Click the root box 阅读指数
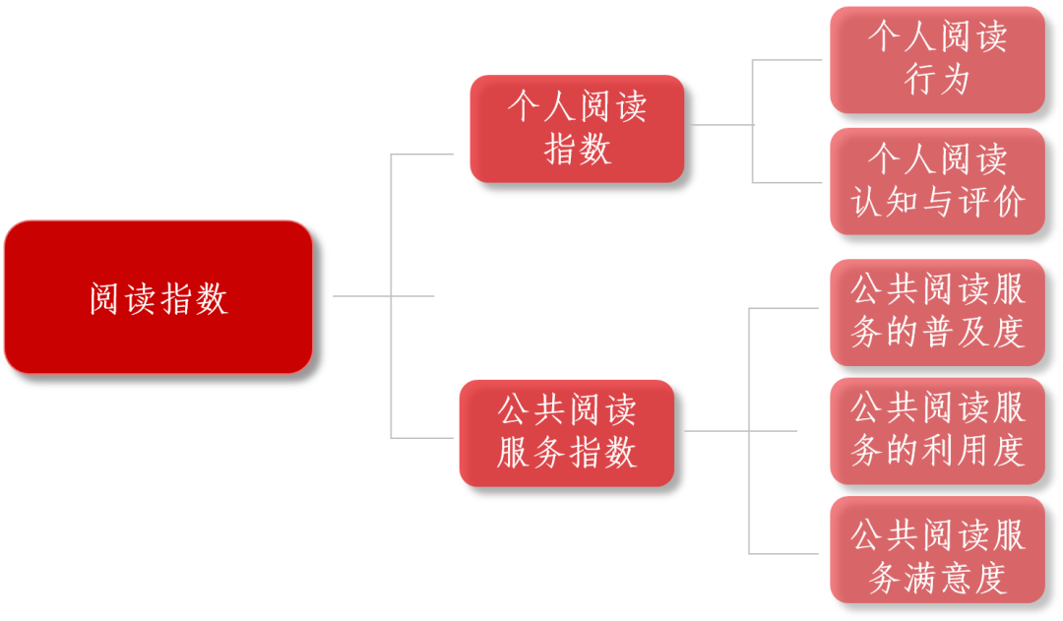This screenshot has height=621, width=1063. coord(158,297)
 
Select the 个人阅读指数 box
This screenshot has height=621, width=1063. coord(577,128)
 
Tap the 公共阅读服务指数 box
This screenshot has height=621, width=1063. coord(567,432)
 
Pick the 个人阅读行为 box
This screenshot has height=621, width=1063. coord(937,60)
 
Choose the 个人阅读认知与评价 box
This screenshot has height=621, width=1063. coord(937,181)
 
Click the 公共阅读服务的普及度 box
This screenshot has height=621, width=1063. coord(937,312)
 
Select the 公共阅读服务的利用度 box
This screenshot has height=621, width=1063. coord(937,430)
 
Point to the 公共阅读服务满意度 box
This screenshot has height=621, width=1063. coord(937,549)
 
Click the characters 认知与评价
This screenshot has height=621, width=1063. coord(937,203)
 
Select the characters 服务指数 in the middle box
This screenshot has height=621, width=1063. coord(567,454)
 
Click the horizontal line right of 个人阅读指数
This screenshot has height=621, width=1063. coord(719,125)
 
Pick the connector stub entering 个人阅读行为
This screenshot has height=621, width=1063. coord(787,60)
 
